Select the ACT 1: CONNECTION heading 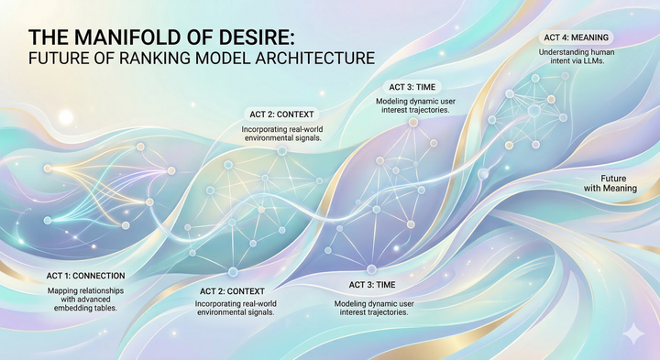click(x=86, y=276)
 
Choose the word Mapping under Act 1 click(x=66, y=289)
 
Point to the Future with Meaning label click(x=617, y=182)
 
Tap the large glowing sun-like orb click(x=65, y=117)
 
